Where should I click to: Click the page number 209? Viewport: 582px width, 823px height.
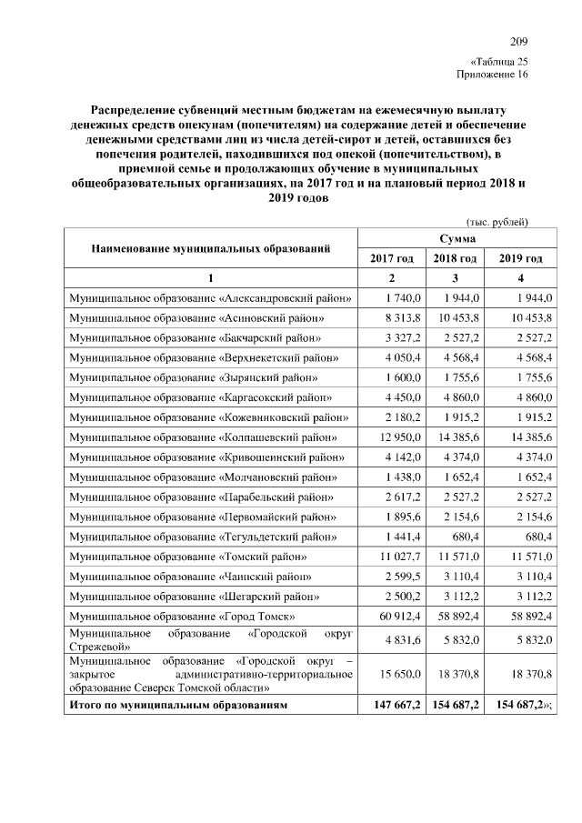pos(518,43)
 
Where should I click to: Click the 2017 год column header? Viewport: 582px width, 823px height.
pos(392,258)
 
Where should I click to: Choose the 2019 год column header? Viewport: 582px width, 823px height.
pos(521,258)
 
